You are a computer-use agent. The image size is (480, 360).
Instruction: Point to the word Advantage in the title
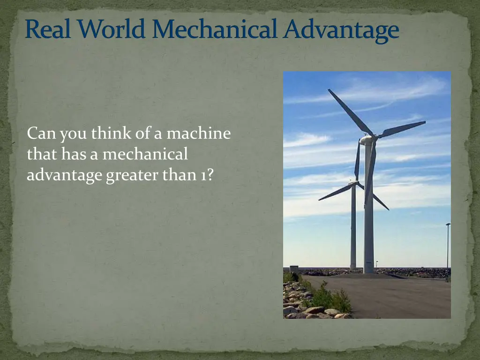point(342,30)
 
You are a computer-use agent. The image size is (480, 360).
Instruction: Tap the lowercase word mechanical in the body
point(145,154)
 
